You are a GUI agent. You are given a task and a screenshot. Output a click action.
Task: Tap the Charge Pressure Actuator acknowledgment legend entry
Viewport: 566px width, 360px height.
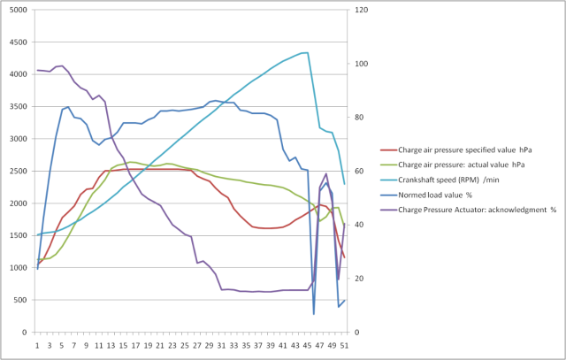(x=464, y=211)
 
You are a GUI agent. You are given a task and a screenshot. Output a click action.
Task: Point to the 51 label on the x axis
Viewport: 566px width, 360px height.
(x=344, y=346)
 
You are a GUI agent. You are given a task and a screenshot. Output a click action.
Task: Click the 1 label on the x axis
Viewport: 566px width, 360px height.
(x=37, y=346)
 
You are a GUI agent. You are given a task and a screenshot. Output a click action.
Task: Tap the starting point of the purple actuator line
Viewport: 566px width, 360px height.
(x=37, y=70)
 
